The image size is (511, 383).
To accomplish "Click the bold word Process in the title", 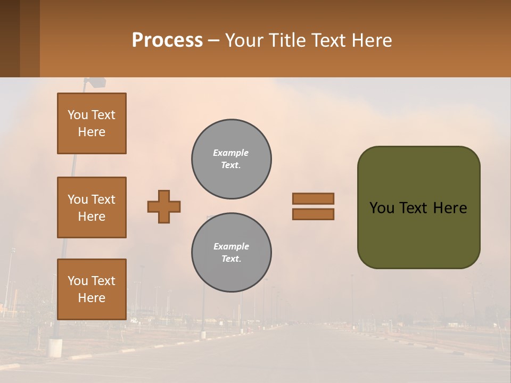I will [x=167, y=40].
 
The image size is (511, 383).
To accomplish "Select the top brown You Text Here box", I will [x=92, y=123].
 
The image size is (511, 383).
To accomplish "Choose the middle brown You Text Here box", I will [x=92, y=207].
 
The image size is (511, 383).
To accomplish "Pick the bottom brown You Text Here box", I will [x=92, y=289].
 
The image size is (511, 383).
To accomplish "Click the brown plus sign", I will [x=164, y=206].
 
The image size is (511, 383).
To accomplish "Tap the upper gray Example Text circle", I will [x=232, y=159].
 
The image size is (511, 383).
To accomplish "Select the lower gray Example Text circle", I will [x=232, y=253].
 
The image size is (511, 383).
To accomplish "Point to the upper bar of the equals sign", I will [x=313, y=198].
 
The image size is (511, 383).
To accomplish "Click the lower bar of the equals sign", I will [x=313, y=214].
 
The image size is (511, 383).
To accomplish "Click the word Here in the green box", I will [x=450, y=208].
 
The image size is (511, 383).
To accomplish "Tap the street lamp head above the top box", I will [x=96, y=82].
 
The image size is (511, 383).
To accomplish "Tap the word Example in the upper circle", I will [x=231, y=153].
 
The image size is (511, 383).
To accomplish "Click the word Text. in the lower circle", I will [x=231, y=259].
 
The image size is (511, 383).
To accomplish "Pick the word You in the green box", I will [x=382, y=208].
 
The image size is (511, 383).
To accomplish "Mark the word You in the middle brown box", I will [x=77, y=199].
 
